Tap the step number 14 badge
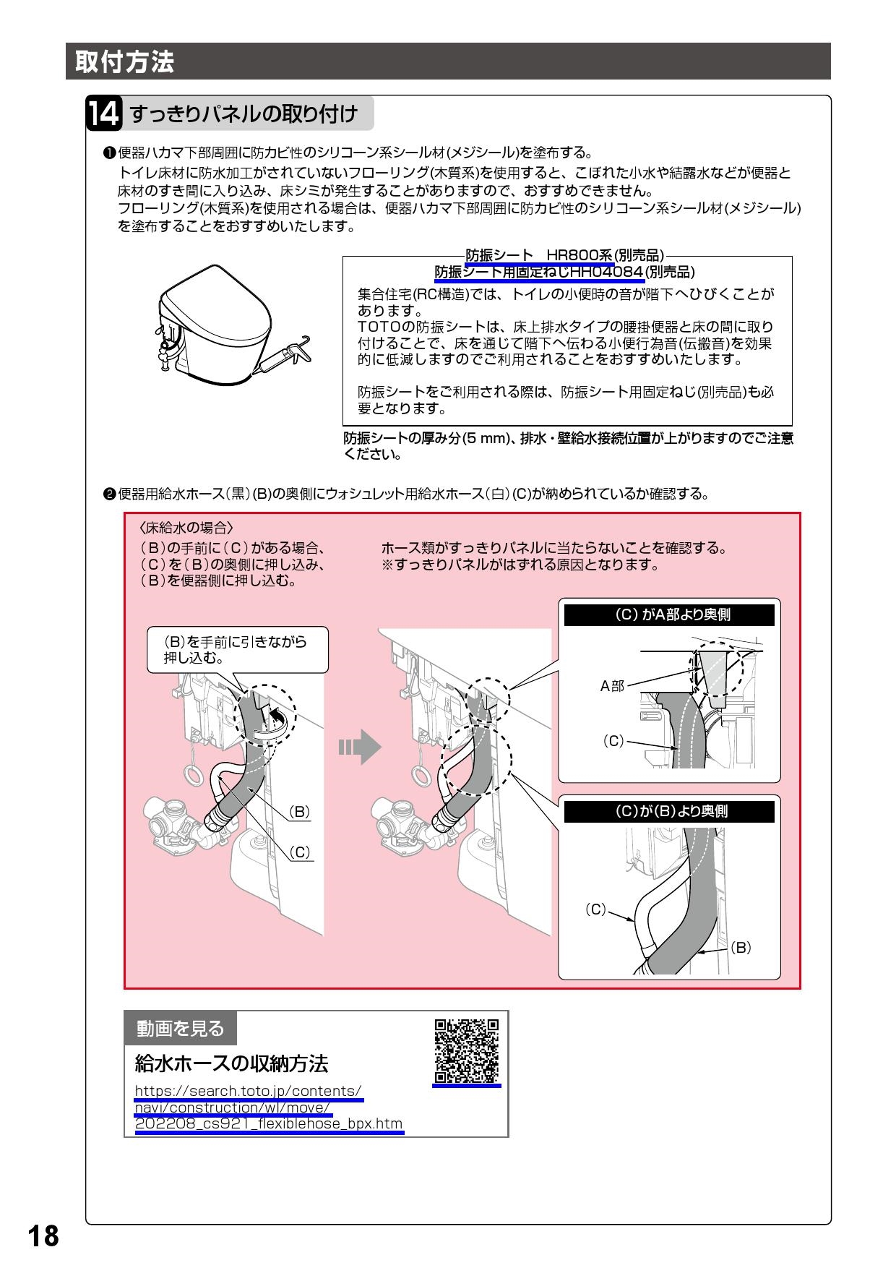click(x=104, y=114)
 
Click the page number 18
click(x=44, y=1236)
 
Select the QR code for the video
click(x=467, y=1050)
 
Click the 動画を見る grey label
click(x=181, y=1028)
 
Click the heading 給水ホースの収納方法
click(x=231, y=1063)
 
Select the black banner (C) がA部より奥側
click(x=668, y=614)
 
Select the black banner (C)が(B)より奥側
click(x=668, y=811)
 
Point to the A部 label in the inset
click(x=612, y=686)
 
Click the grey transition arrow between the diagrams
click(x=360, y=747)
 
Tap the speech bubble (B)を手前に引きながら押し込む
click(x=236, y=649)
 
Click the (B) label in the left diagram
click(x=299, y=811)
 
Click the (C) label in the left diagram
click(x=299, y=852)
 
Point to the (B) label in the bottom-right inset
click(x=741, y=948)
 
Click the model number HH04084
click(x=606, y=273)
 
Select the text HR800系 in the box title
click(x=579, y=255)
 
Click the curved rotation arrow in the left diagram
click(x=277, y=722)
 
